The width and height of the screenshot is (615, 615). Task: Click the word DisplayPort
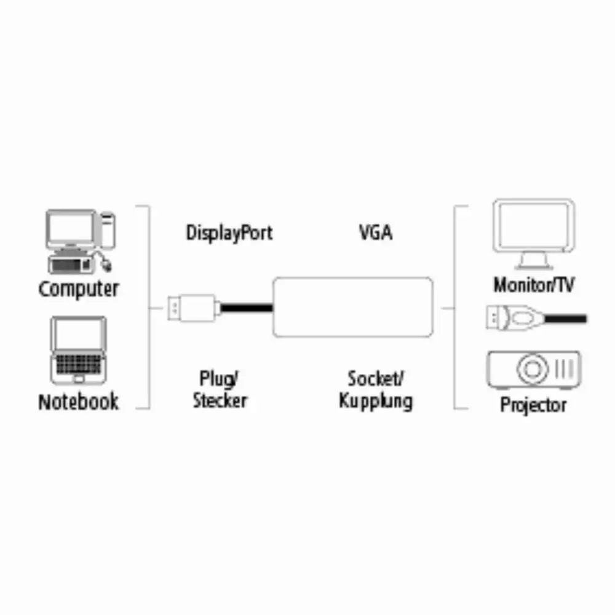tap(229, 233)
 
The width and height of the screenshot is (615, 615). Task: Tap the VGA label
tap(376, 232)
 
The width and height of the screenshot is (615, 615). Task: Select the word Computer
tap(79, 290)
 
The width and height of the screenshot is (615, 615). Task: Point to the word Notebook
tap(79, 402)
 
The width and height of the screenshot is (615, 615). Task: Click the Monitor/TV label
tap(533, 285)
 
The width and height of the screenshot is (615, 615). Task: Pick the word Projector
tap(533, 405)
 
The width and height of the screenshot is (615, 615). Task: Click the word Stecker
tap(220, 400)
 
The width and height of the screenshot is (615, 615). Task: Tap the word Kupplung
tap(376, 402)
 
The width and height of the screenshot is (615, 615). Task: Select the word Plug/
tap(219, 379)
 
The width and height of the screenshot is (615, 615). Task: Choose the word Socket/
tap(376, 378)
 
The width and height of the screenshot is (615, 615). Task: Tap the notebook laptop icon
tap(79, 351)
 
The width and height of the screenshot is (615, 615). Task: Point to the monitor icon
tap(533, 234)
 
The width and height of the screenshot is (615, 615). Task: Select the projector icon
tap(533, 370)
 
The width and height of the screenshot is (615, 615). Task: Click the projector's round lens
tap(532, 368)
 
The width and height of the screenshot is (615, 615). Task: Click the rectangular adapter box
tap(353, 307)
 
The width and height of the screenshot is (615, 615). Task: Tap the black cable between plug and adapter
tap(247, 307)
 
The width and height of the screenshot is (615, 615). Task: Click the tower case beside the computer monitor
tap(108, 230)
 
